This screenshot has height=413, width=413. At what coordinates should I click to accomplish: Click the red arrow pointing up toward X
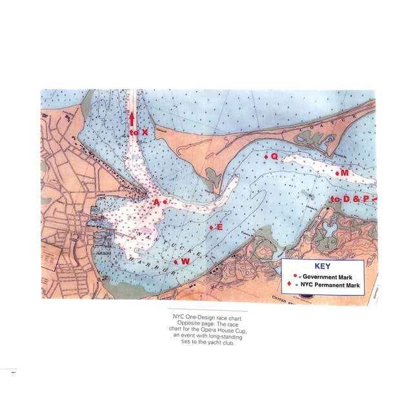(x=132, y=119)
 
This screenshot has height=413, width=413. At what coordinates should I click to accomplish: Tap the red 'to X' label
(x=138, y=132)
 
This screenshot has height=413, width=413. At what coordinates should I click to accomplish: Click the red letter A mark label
(x=156, y=202)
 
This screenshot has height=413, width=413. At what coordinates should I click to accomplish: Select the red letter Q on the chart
(x=274, y=156)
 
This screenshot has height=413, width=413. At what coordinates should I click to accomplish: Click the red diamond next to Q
(x=266, y=156)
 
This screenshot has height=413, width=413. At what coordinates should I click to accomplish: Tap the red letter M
(x=345, y=173)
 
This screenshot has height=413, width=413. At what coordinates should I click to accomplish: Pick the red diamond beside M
(x=337, y=173)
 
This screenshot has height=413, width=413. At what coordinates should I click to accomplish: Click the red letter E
(x=219, y=227)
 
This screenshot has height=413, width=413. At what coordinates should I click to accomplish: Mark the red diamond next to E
(x=211, y=227)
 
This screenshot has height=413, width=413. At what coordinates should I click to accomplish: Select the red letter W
(x=185, y=261)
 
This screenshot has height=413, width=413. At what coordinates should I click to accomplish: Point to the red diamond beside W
(x=176, y=261)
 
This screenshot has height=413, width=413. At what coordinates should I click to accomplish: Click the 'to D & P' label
(x=350, y=199)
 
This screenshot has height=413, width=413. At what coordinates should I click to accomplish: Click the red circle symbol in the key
(x=295, y=275)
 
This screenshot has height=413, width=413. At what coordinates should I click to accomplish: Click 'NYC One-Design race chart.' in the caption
(x=206, y=316)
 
